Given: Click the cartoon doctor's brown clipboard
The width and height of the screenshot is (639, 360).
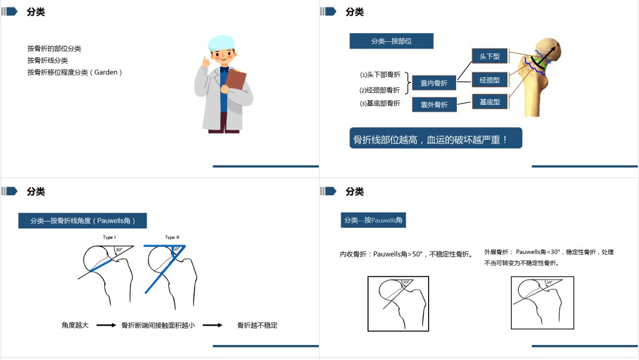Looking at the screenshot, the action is pyautogui.click(x=235, y=80).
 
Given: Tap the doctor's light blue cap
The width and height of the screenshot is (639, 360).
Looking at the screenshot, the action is pyautogui.click(x=222, y=42).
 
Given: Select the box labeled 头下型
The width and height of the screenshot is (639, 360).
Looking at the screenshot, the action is pyautogui.click(x=489, y=56).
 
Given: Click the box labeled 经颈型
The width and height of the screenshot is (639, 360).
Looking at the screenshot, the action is pyautogui.click(x=489, y=80).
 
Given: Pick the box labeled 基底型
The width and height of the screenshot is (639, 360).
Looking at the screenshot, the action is pyautogui.click(x=489, y=102).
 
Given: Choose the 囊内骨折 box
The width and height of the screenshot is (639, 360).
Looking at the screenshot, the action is pyautogui.click(x=434, y=83).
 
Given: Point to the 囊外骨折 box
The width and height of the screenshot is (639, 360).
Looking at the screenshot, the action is pyautogui.click(x=434, y=105).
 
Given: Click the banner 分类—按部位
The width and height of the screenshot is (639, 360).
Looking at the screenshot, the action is pyautogui.click(x=391, y=41).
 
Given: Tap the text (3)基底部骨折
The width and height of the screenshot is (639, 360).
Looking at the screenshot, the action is pyautogui.click(x=380, y=104).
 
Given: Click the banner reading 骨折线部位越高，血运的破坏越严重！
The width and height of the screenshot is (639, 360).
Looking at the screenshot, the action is pyautogui.click(x=436, y=138).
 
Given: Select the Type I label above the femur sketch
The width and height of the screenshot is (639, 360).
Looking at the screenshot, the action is pyautogui.click(x=109, y=237).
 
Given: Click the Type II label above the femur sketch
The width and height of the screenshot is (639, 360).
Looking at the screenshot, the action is pyautogui.click(x=172, y=237).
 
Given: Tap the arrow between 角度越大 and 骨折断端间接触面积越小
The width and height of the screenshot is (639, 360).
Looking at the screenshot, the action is pyautogui.click(x=106, y=325).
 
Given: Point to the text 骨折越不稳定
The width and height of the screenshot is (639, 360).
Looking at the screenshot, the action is pyautogui.click(x=257, y=325).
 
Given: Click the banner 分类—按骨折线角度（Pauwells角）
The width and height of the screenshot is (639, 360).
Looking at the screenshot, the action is pyautogui.click(x=82, y=221).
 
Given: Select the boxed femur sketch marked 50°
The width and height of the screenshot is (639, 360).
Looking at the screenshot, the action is pyautogui.click(x=398, y=304).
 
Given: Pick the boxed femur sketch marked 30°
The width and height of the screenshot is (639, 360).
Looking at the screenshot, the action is pyautogui.click(x=542, y=303).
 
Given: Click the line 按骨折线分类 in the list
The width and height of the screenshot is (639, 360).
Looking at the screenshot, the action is pyautogui.click(x=47, y=61).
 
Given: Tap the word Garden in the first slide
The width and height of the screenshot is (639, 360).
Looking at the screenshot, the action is pyautogui.click(x=106, y=72).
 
